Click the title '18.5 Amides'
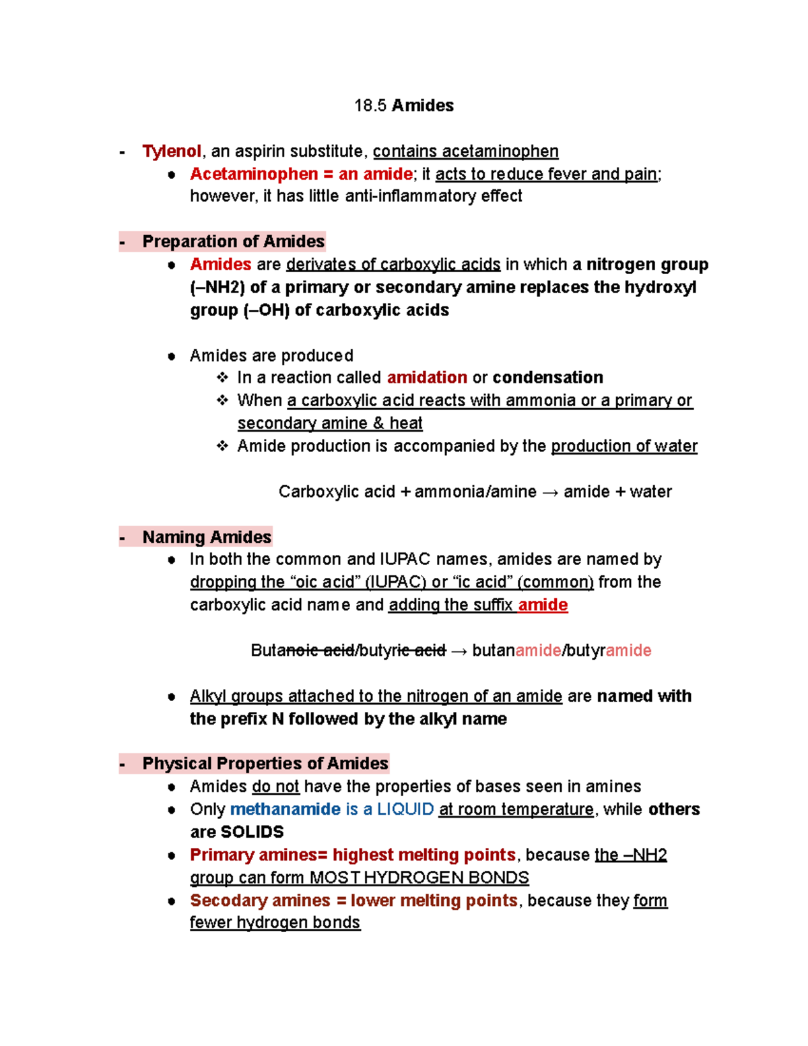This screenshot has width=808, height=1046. click(403, 106)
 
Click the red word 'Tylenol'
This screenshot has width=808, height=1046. click(172, 151)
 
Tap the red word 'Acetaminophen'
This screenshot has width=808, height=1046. click(254, 174)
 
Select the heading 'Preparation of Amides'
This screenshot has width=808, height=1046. click(233, 241)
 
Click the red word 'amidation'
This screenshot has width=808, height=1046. click(427, 377)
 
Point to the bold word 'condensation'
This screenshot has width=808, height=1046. click(547, 377)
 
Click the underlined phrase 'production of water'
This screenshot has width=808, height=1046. click(624, 446)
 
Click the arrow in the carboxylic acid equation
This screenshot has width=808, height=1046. click(549, 492)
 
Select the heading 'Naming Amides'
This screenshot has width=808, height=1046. click(207, 537)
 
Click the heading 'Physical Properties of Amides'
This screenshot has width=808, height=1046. click(265, 763)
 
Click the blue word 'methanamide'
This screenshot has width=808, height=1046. click(285, 809)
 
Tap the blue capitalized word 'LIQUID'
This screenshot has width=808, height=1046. click(405, 809)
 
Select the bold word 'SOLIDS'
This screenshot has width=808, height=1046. click(252, 832)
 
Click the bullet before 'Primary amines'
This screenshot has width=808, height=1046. click(172, 855)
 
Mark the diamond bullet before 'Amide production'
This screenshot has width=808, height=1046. click(222, 446)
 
